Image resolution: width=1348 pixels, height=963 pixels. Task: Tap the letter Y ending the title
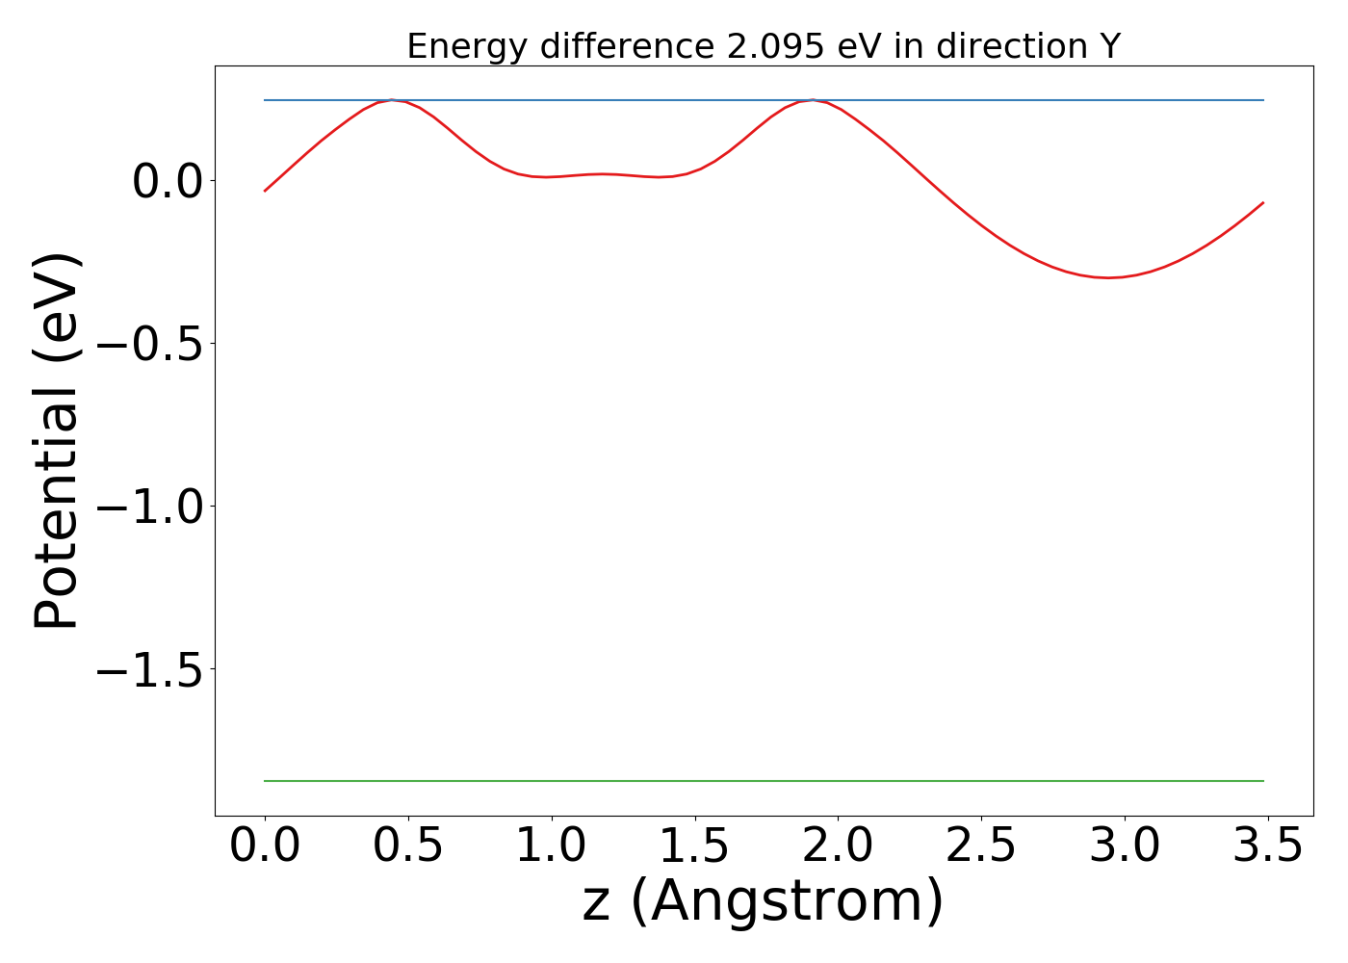pyautogui.click(x=1111, y=46)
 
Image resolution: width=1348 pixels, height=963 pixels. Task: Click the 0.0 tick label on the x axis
pyautogui.click(x=265, y=846)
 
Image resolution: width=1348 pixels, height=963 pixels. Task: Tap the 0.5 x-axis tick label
pyautogui.click(x=408, y=846)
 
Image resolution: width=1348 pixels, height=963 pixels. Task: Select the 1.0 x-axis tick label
pyautogui.click(x=552, y=846)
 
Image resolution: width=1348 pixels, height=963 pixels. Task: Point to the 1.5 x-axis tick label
pyautogui.click(x=694, y=846)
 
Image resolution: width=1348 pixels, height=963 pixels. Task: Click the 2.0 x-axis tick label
pyautogui.click(x=838, y=846)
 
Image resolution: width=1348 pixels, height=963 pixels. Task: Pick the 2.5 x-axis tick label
pyautogui.click(x=981, y=846)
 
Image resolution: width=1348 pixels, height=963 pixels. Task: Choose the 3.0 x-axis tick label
pyautogui.click(x=1125, y=846)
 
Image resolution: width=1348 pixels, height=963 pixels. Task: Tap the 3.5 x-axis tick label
pyautogui.click(x=1267, y=846)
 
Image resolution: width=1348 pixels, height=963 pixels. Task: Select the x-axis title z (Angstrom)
pyautogui.click(x=763, y=902)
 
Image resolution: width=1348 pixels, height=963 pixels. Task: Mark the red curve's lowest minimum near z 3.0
pyautogui.click(x=1109, y=277)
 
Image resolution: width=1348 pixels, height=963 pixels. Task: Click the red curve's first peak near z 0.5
pyautogui.click(x=392, y=100)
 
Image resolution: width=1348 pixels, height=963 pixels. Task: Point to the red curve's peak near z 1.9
pyautogui.click(x=813, y=100)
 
